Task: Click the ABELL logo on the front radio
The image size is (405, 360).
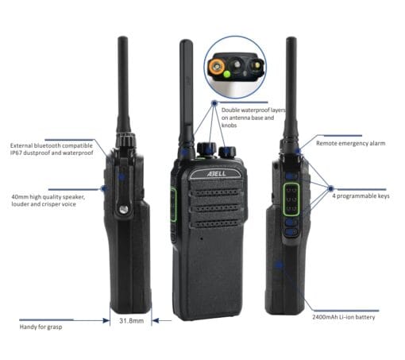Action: (216, 174)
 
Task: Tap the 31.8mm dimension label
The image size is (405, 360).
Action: (131, 321)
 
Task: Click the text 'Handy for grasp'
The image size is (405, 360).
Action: (40, 327)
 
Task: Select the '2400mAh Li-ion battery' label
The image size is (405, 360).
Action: (344, 317)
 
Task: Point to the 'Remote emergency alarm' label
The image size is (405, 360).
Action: (351, 143)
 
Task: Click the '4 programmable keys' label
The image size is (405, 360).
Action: (361, 196)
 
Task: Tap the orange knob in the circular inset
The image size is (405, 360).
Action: (216, 66)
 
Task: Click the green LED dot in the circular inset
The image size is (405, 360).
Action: (227, 74)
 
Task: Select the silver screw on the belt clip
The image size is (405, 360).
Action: (123, 210)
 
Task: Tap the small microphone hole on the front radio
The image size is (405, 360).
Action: (202, 238)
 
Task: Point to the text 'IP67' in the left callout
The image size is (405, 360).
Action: (16, 153)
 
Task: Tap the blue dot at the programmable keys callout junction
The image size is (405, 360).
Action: (330, 188)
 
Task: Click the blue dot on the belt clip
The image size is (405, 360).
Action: (121, 177)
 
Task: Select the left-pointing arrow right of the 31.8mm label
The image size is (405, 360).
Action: (162, 321)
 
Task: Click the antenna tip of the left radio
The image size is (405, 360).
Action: (123, 38)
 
